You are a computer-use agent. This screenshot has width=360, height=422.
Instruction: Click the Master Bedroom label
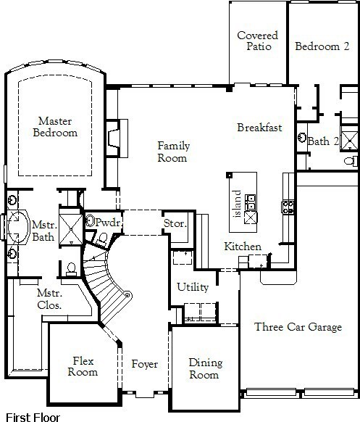55,127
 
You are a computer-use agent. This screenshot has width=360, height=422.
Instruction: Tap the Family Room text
173,152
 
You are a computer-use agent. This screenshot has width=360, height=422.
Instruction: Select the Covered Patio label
258,41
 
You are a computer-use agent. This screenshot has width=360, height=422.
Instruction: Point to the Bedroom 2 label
322,46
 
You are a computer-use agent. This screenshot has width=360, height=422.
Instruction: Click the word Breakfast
259,128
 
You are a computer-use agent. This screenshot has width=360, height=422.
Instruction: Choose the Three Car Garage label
298,327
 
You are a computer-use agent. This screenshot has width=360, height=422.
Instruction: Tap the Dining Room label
206,368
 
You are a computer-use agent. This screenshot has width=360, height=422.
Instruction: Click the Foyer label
145,365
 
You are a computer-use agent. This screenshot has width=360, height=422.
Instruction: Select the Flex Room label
83,366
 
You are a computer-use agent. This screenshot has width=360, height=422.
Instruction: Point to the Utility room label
193,287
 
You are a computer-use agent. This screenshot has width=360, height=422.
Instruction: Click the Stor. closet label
175,223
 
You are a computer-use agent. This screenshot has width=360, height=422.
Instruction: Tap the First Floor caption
33,418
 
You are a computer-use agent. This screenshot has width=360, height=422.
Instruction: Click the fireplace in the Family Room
117,138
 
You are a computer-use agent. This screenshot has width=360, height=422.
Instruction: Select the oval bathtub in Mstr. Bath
18,226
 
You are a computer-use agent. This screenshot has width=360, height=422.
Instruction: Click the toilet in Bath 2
351,162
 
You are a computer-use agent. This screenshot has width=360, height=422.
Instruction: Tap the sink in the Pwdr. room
90,220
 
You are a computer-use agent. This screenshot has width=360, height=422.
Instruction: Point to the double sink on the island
251,202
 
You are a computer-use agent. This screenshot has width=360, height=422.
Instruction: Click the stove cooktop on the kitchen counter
288,207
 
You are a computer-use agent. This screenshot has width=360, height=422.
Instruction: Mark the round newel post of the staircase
128,294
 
